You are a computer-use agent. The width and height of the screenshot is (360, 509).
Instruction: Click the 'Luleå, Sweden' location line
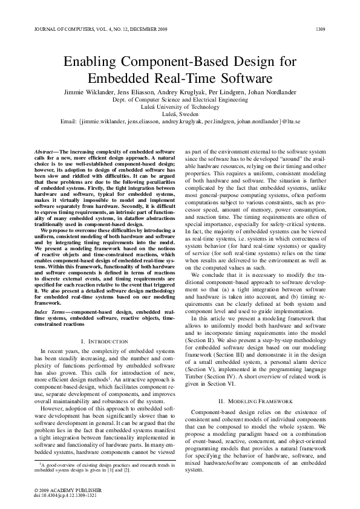click(179, 112)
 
